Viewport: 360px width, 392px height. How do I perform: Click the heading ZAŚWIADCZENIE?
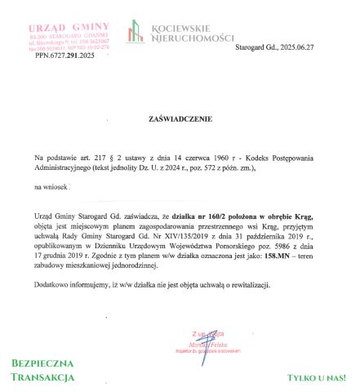180,118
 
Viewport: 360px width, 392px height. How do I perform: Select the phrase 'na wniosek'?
51,187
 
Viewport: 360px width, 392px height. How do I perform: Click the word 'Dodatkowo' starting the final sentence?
53,284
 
